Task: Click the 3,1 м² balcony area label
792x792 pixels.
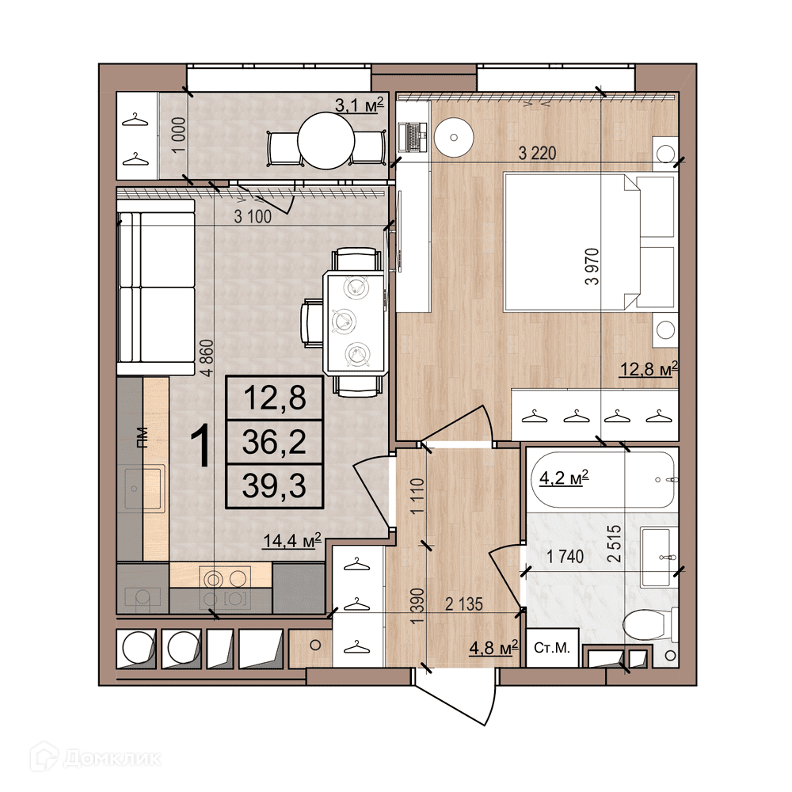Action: [x=360, y=105]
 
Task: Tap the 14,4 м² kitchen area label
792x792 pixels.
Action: [x=292, y=541]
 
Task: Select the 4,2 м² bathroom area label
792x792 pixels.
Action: [x=564, y=478]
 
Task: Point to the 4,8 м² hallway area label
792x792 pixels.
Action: [x=494, y=648]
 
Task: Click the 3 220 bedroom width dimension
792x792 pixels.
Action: [x=538, y=153]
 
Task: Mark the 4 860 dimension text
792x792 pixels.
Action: [x=207, y=358]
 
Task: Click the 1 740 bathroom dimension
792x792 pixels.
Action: [x=565, y=557]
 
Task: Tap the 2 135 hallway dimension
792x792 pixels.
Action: [x=464, y=604]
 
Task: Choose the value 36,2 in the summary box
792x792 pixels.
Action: [x=274, y=442]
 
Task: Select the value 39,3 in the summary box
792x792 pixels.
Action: [x=274, y=486]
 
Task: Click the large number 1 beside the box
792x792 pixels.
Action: [x=203, y=447]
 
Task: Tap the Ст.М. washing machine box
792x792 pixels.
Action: [x=552, y=648]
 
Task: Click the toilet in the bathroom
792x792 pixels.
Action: [x=651, y=625]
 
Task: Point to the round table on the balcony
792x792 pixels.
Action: [x=326, y=141]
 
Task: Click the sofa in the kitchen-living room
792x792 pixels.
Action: [x=156, y=287]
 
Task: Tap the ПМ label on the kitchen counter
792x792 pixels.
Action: [x=143, y=438]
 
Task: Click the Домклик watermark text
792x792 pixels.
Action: [x=113, y=758]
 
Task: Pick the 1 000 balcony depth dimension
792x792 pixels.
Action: [x=177, y=135]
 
